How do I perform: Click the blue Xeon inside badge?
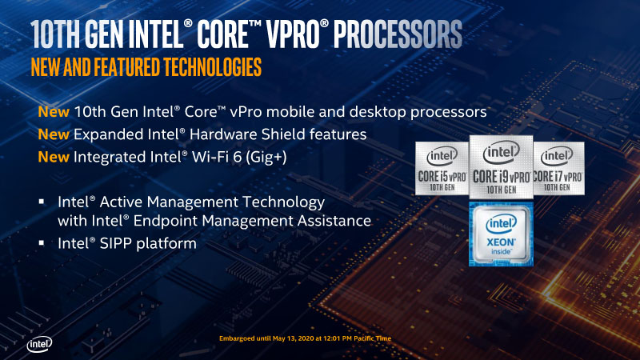500,234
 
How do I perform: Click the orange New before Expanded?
52,133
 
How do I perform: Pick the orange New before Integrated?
52,158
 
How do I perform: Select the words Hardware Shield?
264,133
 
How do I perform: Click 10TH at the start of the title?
61,35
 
